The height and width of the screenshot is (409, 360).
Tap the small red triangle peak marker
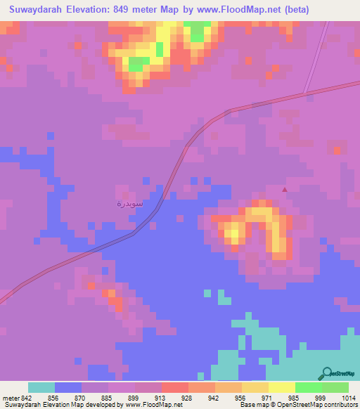[x=285, y=189]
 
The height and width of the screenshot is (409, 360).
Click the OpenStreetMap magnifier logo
[x=326, y=373]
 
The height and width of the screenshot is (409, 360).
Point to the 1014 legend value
[x=349, y=397]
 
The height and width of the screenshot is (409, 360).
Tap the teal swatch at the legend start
[x=41, y=387]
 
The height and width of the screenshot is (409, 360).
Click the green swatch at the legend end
[x=335, y=387]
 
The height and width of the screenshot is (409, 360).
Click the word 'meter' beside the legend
[x=11, y=397]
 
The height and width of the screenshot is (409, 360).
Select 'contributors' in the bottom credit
[x=340, y=405]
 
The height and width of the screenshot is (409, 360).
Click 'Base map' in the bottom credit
[x=252, y=405]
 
